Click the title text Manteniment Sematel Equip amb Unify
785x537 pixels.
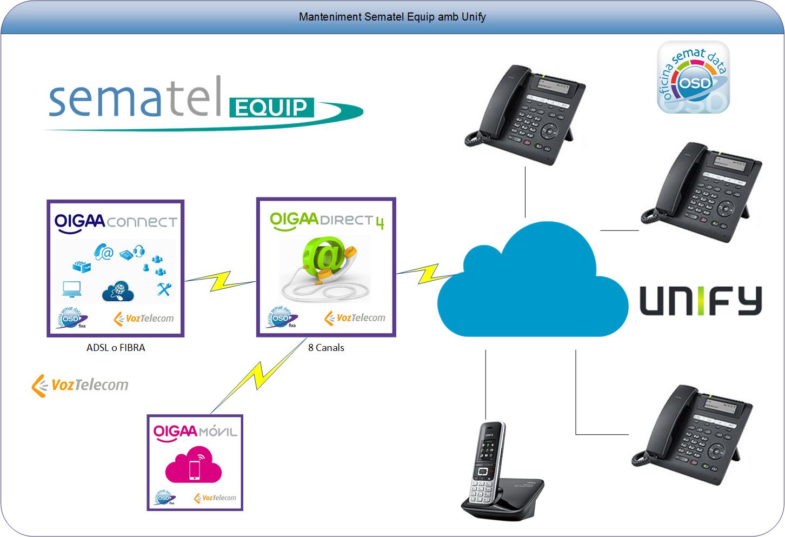[392, 17]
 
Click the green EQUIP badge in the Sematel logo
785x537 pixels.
[271, 107]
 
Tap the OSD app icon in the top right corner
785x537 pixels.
[693, 77]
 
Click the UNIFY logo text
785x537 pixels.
[701, 301]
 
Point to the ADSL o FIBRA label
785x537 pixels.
[116, 348]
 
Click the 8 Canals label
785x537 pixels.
[326, 348]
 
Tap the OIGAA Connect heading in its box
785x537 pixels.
[115, 222]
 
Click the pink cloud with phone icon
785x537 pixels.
[194, 466]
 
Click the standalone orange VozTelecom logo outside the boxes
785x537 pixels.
[80, 385]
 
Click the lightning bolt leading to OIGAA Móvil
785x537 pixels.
[254, 375]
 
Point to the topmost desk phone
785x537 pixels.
[524, 114]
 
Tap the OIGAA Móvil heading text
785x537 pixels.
[195, 432]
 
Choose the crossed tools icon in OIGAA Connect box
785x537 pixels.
[163, 289]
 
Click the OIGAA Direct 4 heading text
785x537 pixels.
[326, 221]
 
